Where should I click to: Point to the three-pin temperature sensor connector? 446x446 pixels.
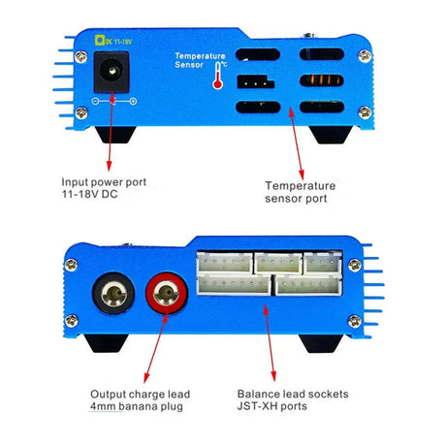pyautogui.click(x=255, y=81)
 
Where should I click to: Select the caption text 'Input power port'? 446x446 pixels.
pyautogui.click(x=105, y=181)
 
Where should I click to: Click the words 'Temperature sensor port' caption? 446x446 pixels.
pyautogui.click(x=301, y=191)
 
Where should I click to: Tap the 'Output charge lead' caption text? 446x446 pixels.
pyautogui.click(x=141, y=395)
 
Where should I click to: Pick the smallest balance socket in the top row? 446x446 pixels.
pyautogui.click(x=321, y=261)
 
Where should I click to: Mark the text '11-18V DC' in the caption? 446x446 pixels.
pyautogui.click(x=93, y=195)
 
